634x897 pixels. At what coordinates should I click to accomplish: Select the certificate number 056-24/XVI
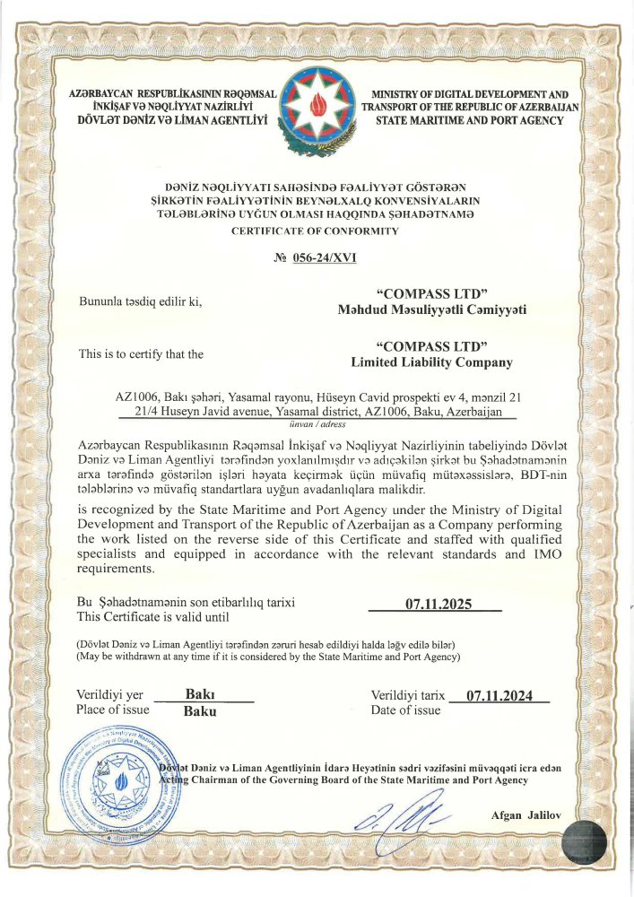point(324,258)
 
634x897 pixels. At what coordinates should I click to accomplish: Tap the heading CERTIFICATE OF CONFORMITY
point(316,231)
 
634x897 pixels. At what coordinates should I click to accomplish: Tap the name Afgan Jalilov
point(525,814)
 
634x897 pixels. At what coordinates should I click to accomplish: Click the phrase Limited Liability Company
point(431,362)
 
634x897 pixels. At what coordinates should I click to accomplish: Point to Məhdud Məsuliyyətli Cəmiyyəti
point(431,309)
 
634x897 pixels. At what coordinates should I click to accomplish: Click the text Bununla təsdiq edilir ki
point(141,301)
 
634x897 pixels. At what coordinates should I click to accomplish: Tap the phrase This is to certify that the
point(141,354)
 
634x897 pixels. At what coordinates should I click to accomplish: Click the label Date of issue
point(405,710)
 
